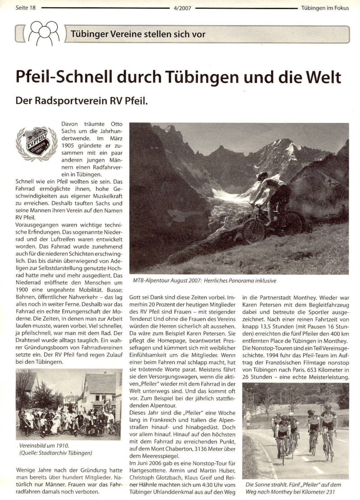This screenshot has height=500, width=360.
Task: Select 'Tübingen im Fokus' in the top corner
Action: pyautogui.click(x=325, y=8)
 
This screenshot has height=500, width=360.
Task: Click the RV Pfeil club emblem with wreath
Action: pyautogui.click(x=36, y=143)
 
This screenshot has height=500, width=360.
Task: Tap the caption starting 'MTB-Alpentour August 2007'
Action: pyautogui.click(x=205, y=280)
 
